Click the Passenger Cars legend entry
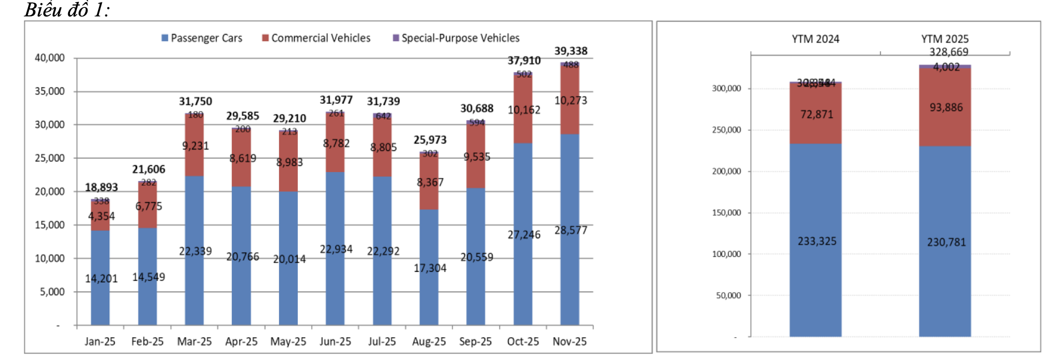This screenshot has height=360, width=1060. click(202, 38)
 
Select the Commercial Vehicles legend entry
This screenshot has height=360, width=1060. click(316, 38)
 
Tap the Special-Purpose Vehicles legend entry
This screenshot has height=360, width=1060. click(456, 38)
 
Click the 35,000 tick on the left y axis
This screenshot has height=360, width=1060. click(50, 91)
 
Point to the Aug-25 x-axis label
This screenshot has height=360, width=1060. click(429, 342)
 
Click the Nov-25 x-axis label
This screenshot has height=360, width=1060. click(569, 342)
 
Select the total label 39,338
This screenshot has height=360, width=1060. click(571, 51)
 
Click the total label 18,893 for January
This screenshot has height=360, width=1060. click(101, 187)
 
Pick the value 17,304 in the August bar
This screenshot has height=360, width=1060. click(430, 269)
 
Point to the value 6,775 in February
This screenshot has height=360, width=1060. click(149, 206)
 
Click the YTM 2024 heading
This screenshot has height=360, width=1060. click(815, 39)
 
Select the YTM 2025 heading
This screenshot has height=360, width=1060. click(945, 39)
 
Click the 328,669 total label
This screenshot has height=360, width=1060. click(949, 52)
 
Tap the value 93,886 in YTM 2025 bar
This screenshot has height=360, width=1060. click(946, 108)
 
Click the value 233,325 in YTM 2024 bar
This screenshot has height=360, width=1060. click(817, 242)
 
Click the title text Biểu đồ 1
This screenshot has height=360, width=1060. click(67, 10)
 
